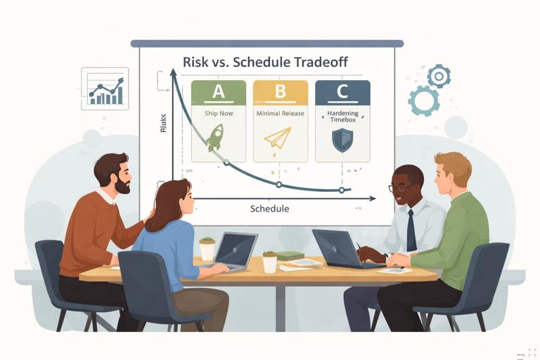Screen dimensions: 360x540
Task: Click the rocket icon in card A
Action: click(x=214, y=138)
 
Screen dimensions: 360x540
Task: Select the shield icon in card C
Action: click(x=342, y=140)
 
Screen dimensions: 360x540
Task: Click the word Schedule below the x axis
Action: click(x=269, y=209)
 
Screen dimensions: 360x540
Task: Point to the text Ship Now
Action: click(x=218, y=112)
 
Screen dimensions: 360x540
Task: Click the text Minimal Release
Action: click(x=280, y=112)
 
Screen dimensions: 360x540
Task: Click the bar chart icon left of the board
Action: click(x=105, y=89)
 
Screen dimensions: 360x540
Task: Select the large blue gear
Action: click(x=424, y=101)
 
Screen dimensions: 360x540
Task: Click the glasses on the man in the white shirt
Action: click(x=400, y=188)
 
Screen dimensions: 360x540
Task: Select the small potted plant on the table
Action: click(x=269, y=261)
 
